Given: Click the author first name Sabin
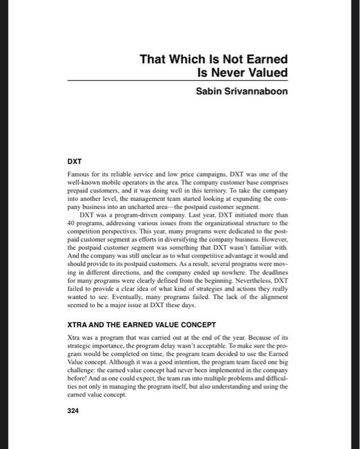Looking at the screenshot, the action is click(x=209, y=91).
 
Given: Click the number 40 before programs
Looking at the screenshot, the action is click(x=71, y=223).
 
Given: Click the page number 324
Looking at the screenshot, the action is click(x=73, y=411).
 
